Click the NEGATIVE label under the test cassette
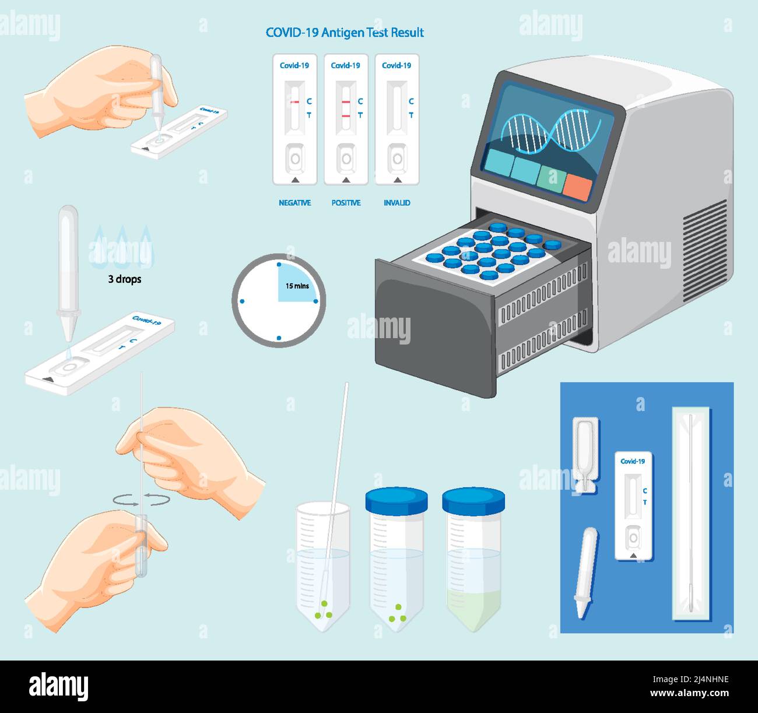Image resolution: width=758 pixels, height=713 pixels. point(294,203)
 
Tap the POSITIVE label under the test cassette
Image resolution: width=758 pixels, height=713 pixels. point(346,203)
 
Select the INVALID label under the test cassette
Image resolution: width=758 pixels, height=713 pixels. point(397,203)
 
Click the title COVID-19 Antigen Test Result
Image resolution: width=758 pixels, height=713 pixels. point(345,33)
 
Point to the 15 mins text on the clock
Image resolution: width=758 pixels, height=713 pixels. point(297,286)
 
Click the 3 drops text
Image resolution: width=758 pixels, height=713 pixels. point(125,279)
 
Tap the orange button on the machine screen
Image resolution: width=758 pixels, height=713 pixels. point(578,185)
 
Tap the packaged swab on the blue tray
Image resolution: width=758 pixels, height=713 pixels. point(691,513)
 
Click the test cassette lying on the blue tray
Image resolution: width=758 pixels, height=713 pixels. point(633,506)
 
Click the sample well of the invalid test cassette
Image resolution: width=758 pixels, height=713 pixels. point(397,159)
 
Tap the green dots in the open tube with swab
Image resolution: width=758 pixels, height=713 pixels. point(324,613)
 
